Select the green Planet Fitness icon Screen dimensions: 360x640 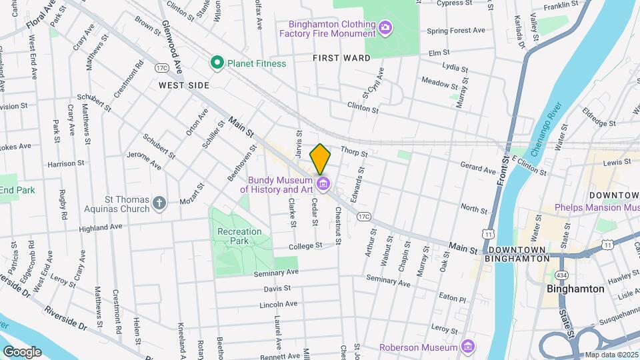(x=217, y=63)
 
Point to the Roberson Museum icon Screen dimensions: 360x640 (x=468, y=347)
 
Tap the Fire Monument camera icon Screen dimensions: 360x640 (x=385, y=27)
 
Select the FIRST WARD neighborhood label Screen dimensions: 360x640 (x=341, y=58)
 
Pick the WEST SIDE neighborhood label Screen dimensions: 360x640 (x=184, y=85)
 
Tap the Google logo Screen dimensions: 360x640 (x=22, y=351)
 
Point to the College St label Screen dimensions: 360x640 (x=306, y=245)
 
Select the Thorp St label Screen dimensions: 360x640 (x=354, y=152)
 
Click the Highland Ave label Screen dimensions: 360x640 (x=101, y=227)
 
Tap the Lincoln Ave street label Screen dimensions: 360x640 (x=277, y=304)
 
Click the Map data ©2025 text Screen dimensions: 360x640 (x=609, y=355)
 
